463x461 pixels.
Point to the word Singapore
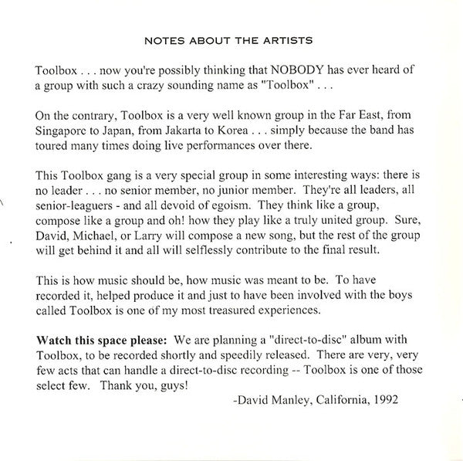click(68, 130)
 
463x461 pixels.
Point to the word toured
click(52, 147)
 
